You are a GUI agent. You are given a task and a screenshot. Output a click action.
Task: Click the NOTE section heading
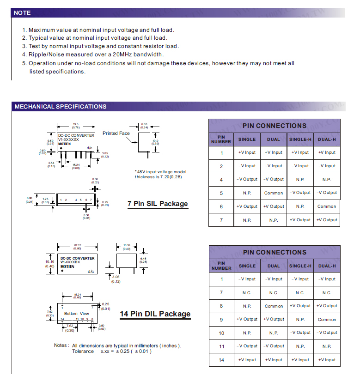click(x=22, y=13)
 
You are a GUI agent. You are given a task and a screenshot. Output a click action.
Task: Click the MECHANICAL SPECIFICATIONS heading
click(x=61, y=107)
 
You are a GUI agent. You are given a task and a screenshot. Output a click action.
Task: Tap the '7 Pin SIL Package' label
click(x=158, y=204)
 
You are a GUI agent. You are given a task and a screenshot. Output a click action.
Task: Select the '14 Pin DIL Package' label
click(x=155, y=314)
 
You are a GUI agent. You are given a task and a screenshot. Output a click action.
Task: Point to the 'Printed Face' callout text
click(x=116, y=133)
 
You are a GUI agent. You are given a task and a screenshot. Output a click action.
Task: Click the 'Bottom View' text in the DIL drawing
click(x=77, y=314)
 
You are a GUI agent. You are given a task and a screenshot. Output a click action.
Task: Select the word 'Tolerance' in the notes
click(x=83, y=352)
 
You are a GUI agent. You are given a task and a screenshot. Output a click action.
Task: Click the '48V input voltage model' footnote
click(x=160, y=172)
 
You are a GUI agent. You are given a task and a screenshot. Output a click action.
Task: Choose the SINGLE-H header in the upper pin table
click(x=300, y=139)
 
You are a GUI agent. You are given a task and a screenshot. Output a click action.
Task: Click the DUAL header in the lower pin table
click(x=274, y=266)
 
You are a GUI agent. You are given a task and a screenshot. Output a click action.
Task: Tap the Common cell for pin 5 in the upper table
click(x=274, y=193)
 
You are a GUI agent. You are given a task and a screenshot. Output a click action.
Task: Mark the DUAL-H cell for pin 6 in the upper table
click(x=327, y=206)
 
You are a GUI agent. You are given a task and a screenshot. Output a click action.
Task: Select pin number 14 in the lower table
click(x=221, y=359)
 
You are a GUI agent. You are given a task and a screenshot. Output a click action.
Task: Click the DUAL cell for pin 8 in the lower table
click(x=274, y=306)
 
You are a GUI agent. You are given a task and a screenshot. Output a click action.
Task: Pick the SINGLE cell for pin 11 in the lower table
click(x=247, y=346)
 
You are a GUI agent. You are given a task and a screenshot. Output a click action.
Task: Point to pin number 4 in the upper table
click(x=221, y=180)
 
